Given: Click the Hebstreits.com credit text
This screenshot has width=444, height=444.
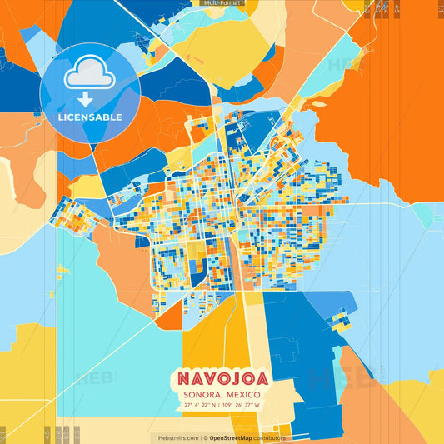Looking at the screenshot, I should [x=174, y=437].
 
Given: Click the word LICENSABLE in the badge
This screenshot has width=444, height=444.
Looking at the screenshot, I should [x=90, y=117].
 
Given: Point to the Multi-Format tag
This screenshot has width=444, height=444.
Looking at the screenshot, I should [x=219, y=3].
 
